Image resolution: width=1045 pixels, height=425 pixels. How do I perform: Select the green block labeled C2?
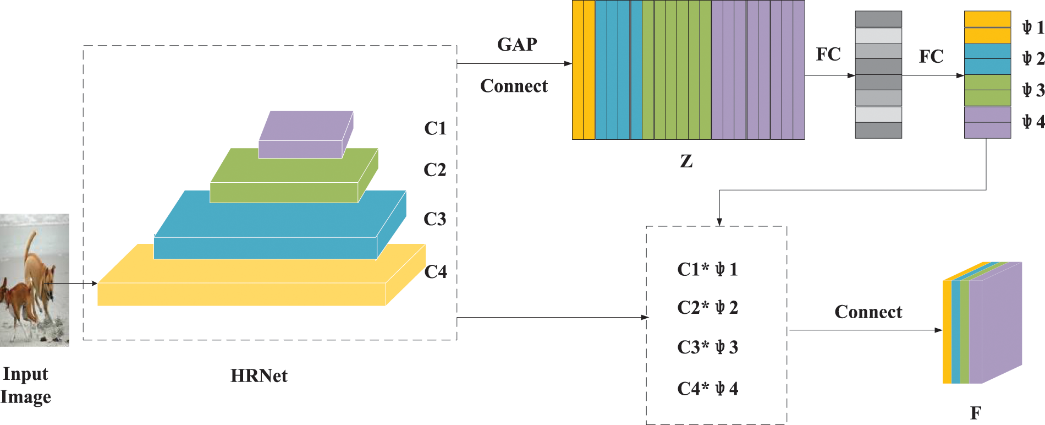click(x=286, y=182)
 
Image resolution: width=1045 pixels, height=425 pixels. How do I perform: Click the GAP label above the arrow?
click(x=517, y=45)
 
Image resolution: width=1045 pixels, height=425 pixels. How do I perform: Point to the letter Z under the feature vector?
click(x=686, y=161)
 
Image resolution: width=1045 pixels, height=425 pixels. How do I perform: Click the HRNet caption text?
click(x=258, y=376)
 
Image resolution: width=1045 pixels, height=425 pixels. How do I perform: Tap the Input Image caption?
click(x=26, y=385)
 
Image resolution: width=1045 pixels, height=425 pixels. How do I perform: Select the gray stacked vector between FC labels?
click(x=878, y=74)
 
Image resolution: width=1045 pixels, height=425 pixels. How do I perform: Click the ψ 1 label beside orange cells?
click(x=1032, y=27)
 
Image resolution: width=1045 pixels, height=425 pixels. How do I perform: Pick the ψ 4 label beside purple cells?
click(x=1032, y=121)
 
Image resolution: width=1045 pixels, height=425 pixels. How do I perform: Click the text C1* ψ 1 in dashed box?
click(x=707, y=269)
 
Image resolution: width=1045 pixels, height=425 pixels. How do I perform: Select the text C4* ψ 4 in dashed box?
click(x=707, y=389)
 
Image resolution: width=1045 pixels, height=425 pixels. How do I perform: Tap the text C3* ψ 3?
click(x=707, y=347)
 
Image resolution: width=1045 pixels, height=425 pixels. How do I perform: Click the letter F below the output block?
click(x=976, y=413)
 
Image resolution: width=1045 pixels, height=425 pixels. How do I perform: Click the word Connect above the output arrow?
click(x=868, y=312)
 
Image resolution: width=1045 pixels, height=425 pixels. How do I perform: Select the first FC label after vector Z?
click(x=828, y=55)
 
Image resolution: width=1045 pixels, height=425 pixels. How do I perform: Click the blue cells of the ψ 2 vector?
click(x=987, y=59)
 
